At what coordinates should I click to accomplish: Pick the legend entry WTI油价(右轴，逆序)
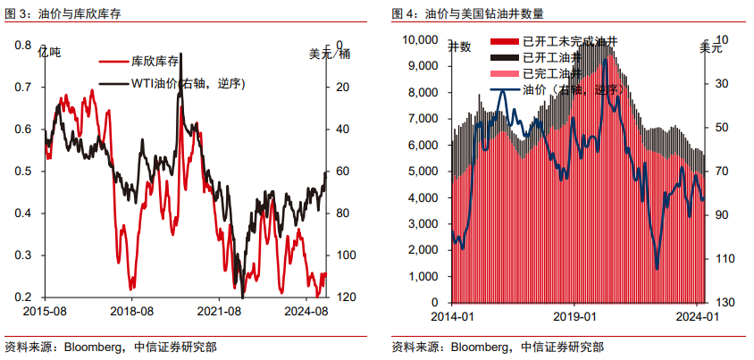point(183,83)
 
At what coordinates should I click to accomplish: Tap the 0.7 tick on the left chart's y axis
point(23,88)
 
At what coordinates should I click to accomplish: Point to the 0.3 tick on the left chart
point(23,255)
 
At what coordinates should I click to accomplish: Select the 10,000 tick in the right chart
point(420,40)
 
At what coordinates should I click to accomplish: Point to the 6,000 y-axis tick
point(423,145)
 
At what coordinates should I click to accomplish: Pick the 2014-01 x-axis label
point(452,315)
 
